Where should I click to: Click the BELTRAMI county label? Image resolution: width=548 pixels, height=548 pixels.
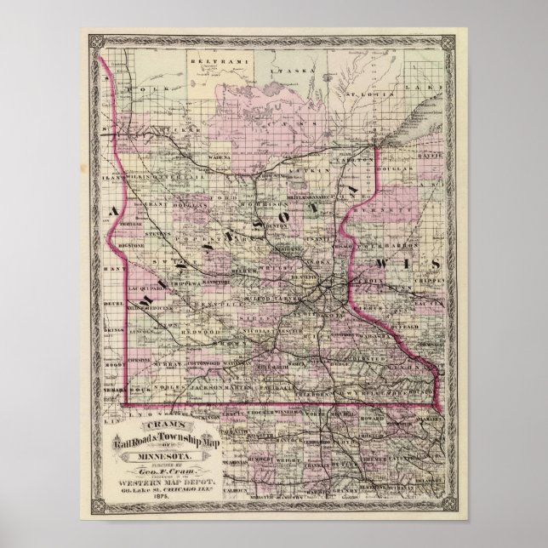click(x=186, y=62)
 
